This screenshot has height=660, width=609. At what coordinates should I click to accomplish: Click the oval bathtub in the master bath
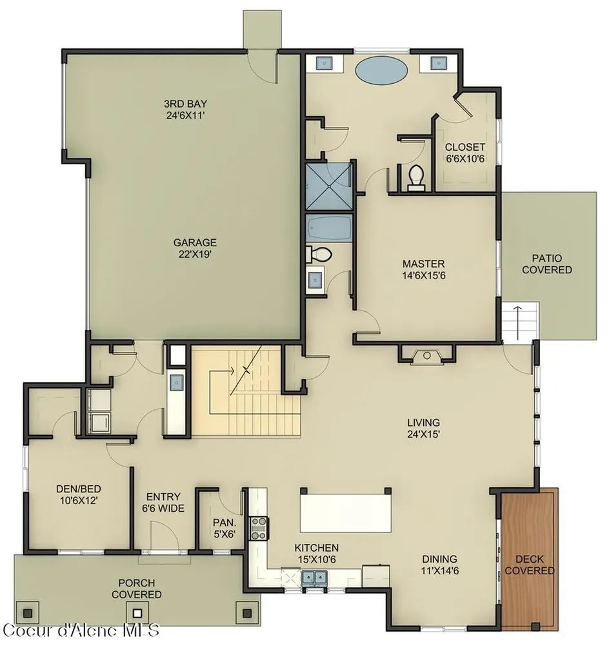pos(381,70)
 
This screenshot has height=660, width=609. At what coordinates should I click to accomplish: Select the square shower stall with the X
pos(328,186)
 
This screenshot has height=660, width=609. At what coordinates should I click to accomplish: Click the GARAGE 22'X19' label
pos(195,248)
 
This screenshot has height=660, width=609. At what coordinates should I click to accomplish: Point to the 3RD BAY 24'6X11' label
pos(185,110)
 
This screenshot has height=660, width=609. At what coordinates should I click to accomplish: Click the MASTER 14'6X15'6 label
pos(423,269)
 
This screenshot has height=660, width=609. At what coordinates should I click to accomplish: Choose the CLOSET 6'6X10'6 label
pos(465,152)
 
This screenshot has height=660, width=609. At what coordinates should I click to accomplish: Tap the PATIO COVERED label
pos(546,264)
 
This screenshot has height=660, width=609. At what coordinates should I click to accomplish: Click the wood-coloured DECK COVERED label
pos(530,565)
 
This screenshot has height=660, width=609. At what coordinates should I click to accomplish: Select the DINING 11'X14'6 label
pos(440,565)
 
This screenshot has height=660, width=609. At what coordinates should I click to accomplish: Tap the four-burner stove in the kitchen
pos(259,529)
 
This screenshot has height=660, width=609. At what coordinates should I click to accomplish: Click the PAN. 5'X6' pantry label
pos(224,528)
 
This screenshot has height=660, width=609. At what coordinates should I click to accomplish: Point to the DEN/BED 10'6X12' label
pos(79,494)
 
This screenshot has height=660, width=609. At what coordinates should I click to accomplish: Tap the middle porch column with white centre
pos(137,612)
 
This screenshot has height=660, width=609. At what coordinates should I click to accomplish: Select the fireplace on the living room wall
pos(426,354)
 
